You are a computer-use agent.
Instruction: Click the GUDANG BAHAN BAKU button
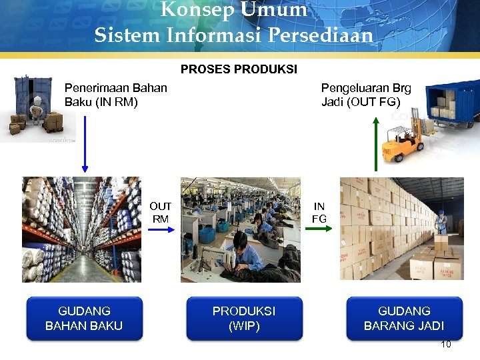tap(84, 319)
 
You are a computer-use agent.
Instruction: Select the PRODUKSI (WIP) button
tap(244, 319)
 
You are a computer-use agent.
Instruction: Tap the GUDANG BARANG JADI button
tap(404, 319)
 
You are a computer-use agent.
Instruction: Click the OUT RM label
tap(160, 213)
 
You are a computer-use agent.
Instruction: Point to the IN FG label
tap(319, 213)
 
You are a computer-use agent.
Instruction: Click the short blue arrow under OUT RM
tap(160, 229)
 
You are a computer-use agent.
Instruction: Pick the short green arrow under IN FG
tap(320, 229)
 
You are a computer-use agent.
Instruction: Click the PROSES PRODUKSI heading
tap(239, 69)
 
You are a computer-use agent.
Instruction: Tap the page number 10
tap(446, 345)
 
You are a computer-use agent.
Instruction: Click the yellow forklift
tap(404, 143)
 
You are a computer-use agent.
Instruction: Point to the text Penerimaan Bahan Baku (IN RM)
tap(115, 95)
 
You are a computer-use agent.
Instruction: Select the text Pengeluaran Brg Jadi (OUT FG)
tap(365, 95)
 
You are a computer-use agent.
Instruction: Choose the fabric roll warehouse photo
tap(81, 229)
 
